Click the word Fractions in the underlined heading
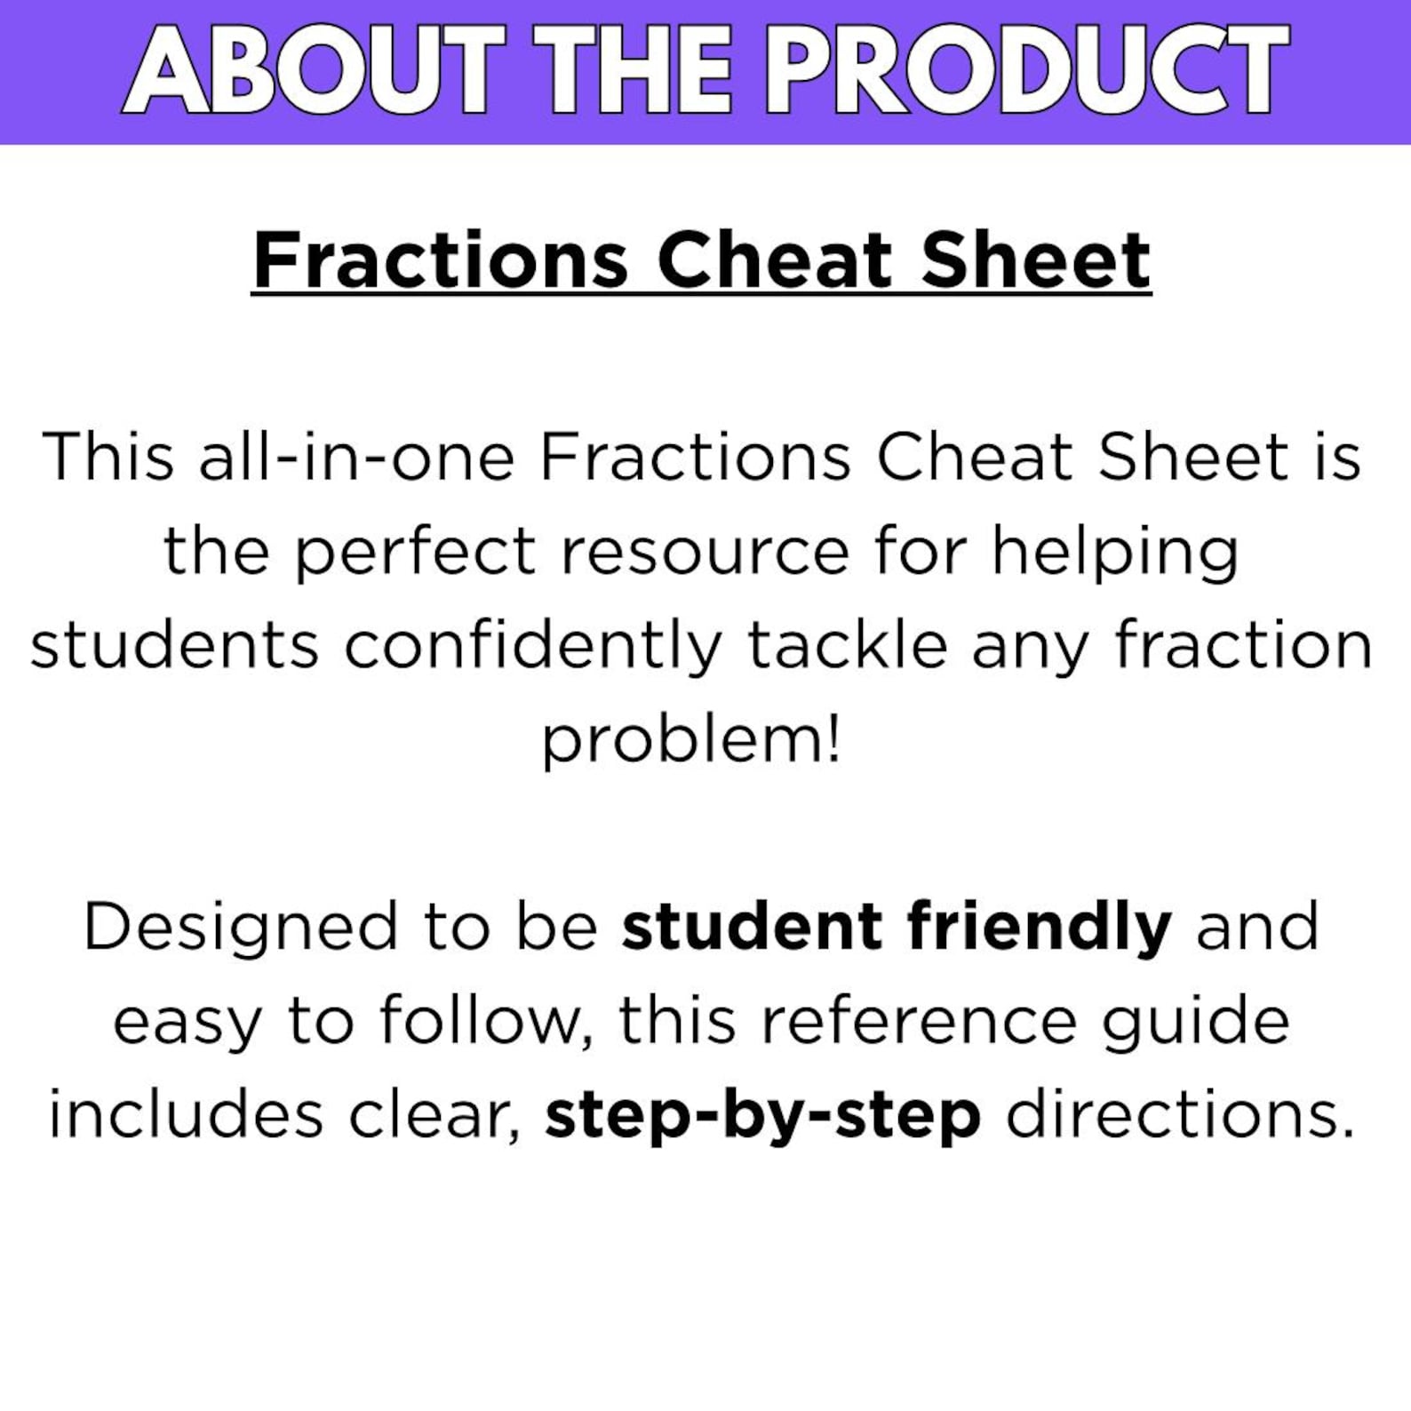(x=441, y=260)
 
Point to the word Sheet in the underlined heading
(x=1036, y=260)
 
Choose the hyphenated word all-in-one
(x=356, y=458)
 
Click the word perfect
(x=415, y=554)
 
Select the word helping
(x=1115, y=554)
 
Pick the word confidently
(x=533, y=647)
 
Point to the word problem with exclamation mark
(x=691, y=741)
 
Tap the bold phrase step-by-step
(x=763, y=1116)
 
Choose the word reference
(x=919, y=1021)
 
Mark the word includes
(x=186, y=1114)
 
